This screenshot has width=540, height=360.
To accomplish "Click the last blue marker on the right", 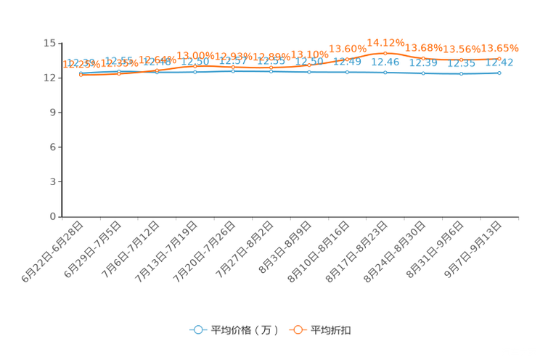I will click(x=499, y=73).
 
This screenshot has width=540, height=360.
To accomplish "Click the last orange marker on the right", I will click(x=499, y=59).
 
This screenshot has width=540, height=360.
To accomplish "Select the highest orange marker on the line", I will click(x=385, y=53).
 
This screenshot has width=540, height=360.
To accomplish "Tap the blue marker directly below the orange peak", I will click(x=385, y=72).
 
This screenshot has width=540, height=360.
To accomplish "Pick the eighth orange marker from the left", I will click(x=348, y=60).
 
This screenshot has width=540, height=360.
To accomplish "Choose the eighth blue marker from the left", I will click(x=348, y=72).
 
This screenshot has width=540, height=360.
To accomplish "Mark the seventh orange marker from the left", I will click(x=309, y=65).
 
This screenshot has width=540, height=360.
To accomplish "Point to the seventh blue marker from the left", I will click(x=309, y=72).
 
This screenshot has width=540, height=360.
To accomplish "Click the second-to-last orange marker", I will click(x=461, y=60).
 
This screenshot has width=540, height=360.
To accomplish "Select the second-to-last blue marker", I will click(x=461, y=73).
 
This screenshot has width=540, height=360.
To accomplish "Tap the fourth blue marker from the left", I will click(x=195, y=72).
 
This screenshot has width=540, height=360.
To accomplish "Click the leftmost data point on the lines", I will click(x=81, y=74).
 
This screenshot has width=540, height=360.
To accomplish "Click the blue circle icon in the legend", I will click(x=197, y=330).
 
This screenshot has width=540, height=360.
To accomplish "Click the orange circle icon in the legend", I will click(x=298, y=330).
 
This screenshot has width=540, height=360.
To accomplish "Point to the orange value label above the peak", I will click(x=385, y=41).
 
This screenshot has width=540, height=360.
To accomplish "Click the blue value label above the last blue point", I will click(x=500, y=63).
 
